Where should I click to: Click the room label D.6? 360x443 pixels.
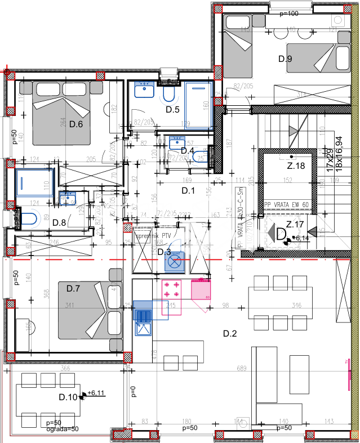76,124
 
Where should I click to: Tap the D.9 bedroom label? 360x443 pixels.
285,59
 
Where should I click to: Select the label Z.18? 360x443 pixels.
296,165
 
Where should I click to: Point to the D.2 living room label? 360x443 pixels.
229,334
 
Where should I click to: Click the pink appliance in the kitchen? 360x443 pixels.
201,289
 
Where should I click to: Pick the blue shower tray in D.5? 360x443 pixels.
197,105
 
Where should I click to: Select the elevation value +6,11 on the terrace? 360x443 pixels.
97,393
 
